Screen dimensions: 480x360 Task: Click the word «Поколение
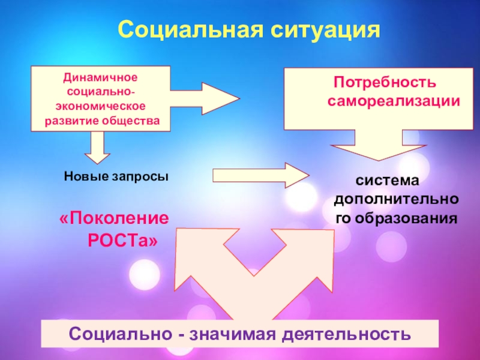click(x=114, y=218)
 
